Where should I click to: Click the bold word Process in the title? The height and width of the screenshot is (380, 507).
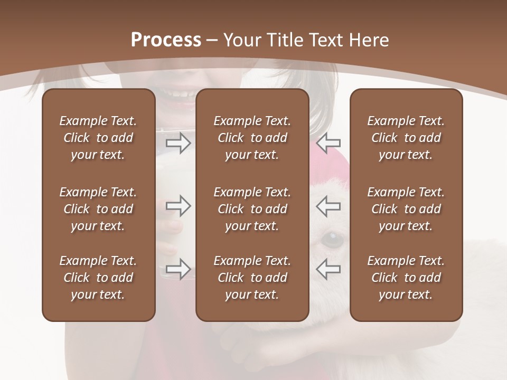[x=166, y=40]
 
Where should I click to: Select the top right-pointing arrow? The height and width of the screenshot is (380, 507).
[x=179, y=143]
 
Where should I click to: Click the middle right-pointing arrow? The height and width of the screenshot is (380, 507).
[x=179, y=206]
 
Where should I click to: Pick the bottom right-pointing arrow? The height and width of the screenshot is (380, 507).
[x=179, y=269]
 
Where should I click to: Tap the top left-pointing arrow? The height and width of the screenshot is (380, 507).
[x=328, y=142]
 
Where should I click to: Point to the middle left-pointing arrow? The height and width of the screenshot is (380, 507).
[x=328, y=206]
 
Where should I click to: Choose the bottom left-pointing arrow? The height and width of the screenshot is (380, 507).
[x=328, y=269]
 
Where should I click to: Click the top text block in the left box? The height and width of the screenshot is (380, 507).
[x=98, y=138]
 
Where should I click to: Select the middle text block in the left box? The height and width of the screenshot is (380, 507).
[x=98, y=209]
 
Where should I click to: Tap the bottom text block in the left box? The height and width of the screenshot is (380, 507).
[x=98, y=278]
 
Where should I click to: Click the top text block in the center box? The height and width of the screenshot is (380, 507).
[x=252, y=138]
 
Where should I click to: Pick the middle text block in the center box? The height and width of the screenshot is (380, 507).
[x=252, y=209]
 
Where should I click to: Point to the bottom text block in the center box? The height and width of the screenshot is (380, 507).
[x=252, y=278]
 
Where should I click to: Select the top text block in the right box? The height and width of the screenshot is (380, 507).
[x=406, y=138]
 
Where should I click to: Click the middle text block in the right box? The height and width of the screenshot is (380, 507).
[x=406, y=209]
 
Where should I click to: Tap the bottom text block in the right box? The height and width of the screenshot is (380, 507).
[x=406, y=278]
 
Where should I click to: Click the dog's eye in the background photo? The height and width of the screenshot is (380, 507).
[x=332, y=240]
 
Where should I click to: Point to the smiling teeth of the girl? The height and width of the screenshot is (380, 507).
[x=180, y=96]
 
